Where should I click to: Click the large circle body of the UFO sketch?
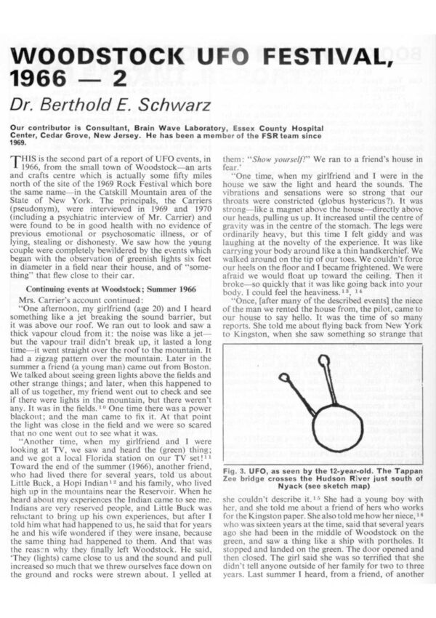tap(337, 429)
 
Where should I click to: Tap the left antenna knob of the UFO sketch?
tap(285, 377)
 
